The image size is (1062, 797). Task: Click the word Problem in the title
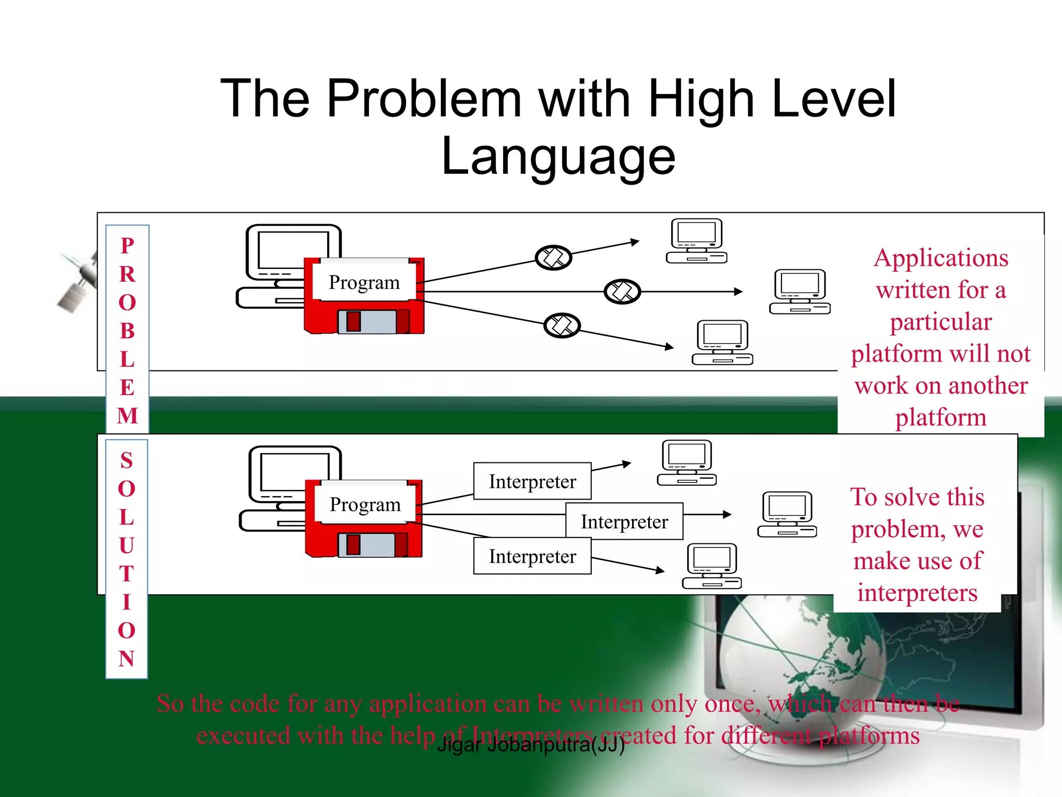[424, 98]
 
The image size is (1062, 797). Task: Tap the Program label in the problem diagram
[364, 282]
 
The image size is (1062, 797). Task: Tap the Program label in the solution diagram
[365, 504]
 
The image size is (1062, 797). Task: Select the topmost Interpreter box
[532, 481]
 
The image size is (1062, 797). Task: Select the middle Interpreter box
[624, 521]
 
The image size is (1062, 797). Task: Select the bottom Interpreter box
[532, 556]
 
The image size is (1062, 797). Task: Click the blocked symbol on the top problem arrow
[553, 257]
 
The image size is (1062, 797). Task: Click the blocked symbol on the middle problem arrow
[622, 292]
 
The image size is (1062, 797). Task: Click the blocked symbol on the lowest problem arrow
[562, 325]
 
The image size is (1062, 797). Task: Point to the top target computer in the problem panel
[696, 241]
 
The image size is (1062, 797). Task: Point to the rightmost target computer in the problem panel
[800, 292]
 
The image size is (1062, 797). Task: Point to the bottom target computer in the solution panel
[711, 566]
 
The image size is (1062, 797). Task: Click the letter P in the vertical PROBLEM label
[127, 245]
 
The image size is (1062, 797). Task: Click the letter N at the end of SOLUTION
[127, 658]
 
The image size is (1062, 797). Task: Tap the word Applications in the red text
[941, 258]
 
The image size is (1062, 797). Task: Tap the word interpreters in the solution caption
[917, 593]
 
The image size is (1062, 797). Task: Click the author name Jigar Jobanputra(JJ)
[530, 745]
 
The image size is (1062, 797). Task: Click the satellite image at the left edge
[78, 283]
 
